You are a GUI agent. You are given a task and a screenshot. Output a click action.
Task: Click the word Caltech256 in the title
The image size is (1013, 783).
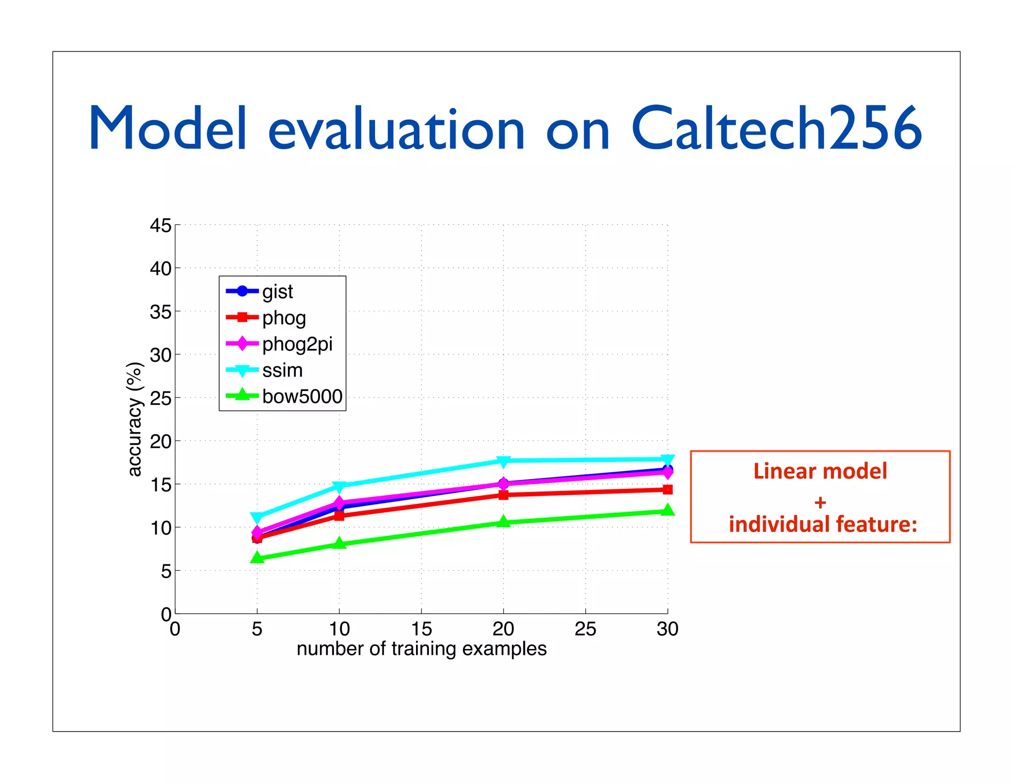point(777,129)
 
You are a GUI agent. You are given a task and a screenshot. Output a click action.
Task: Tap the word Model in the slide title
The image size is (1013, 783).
point(167,129)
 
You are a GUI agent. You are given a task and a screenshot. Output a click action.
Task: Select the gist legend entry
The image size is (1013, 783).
point(277,292)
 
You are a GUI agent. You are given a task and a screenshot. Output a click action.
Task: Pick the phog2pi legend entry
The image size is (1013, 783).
point(297,344)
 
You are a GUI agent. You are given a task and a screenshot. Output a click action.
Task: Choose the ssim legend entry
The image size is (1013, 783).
point(282,370)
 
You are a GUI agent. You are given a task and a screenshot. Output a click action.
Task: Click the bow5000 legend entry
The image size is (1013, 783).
point(302,396)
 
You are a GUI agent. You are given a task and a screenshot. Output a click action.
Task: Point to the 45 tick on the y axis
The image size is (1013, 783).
point(160,226)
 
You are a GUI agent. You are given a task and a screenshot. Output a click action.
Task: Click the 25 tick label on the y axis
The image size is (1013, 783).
point(160,398)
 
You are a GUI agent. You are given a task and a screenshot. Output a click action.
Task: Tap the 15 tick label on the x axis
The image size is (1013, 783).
point(421,629)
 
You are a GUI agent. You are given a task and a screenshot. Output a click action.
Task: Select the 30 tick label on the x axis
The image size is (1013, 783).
point(667,629)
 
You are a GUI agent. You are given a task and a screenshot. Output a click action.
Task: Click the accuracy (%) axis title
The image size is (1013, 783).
point(135,419)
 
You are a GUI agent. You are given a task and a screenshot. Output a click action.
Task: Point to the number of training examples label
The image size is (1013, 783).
point(421,649)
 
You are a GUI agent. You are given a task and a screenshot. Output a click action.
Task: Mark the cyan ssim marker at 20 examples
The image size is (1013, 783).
point(504,461)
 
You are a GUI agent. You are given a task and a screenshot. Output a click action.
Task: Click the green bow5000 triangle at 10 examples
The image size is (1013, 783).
point(339,543)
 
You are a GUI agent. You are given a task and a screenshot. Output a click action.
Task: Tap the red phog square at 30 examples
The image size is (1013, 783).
point(667,489)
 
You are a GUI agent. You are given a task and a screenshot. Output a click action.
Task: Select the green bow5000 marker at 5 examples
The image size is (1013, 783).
point(257,558)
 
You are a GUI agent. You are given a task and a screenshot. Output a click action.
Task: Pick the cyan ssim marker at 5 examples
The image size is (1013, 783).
point(257,518)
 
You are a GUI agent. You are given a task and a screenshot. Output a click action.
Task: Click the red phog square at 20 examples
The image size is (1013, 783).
point(504,494)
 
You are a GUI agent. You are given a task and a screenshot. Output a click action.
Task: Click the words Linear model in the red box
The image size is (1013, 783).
point(820,471)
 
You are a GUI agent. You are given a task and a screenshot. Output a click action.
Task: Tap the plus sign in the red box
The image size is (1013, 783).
point(820,503)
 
